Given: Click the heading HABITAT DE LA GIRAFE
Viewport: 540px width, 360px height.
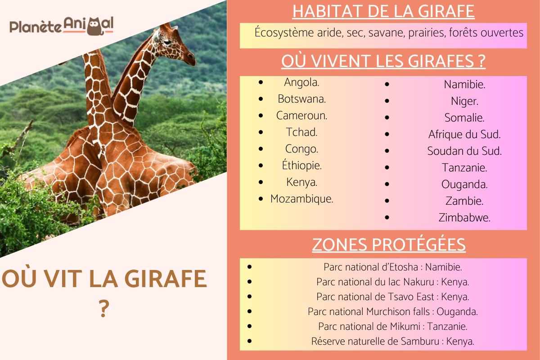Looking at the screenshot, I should (x=383, y=11).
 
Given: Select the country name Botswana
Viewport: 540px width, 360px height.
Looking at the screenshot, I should (x=301, y=99).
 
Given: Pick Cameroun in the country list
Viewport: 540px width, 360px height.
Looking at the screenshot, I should (x=301, y=116).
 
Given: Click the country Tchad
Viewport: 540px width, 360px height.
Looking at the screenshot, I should (x=301, y=132).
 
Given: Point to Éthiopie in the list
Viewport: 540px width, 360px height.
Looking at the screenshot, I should (x=301, y=166).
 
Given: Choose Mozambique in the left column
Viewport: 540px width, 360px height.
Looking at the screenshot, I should (x=301, y=199).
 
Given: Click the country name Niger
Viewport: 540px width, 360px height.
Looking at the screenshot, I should (x=464, y=101).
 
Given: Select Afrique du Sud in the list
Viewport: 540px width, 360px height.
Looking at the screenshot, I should (x=464, y=135).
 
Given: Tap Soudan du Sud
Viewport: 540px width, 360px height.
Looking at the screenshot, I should (x=464, y=151).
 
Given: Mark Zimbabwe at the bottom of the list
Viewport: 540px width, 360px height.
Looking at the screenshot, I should (x=464, y=218).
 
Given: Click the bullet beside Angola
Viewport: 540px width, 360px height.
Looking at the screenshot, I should (x=261, y=83).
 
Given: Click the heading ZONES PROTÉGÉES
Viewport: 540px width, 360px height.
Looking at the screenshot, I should (x=389, y=245).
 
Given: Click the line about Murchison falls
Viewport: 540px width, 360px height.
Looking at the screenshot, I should (x=392, y=311).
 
